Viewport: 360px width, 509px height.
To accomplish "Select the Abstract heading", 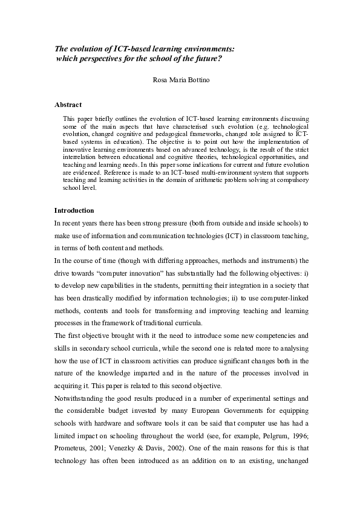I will point(68,104).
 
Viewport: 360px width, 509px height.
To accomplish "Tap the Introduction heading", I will point(74,210).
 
